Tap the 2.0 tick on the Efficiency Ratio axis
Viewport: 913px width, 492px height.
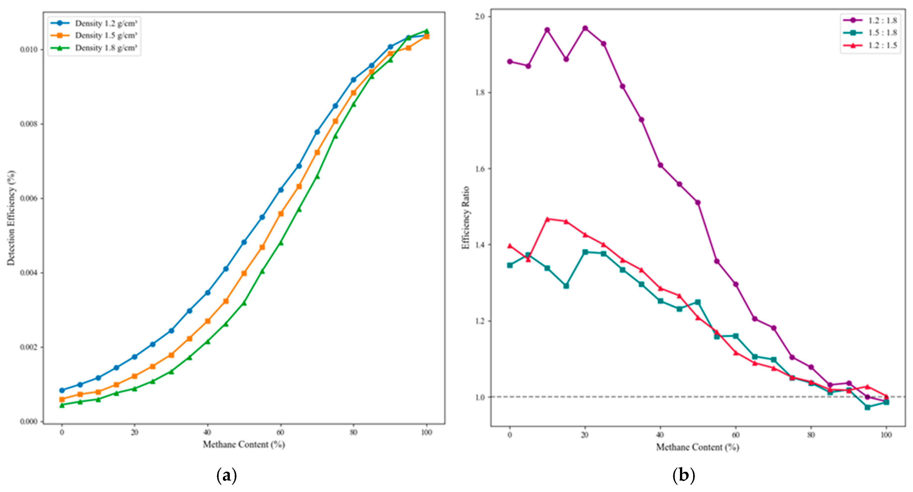point(480,16)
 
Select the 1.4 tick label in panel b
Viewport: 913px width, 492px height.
point(480,245)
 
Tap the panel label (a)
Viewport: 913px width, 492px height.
point(227,475)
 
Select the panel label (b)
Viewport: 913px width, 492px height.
point(683,475)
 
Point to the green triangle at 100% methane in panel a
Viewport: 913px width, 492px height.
point(426,31)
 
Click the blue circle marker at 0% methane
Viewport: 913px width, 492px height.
point(62,390)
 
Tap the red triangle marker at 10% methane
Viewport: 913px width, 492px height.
point(547,219)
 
